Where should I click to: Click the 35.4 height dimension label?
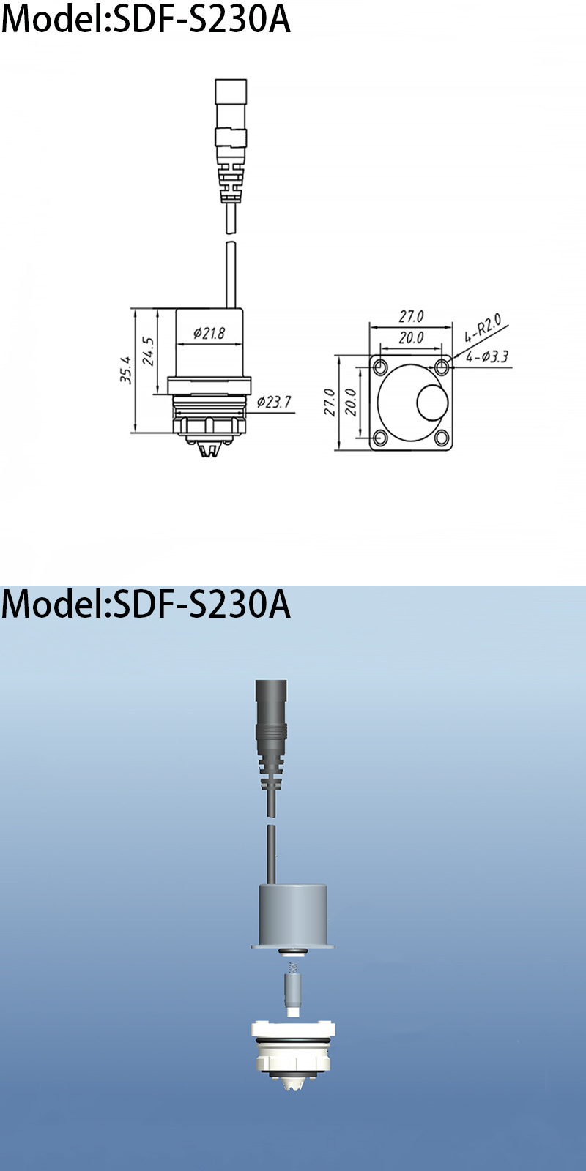click(x=126, y=370)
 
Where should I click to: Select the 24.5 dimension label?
click(x=148, y=351)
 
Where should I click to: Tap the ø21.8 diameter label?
click(x=209, y=334)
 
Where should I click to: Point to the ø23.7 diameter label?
click(x=273, y=402)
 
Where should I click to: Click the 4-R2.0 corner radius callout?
click(x=483, y=329)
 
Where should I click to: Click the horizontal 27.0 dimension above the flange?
click(x=411, y=317)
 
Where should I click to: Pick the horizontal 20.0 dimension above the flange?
click(x=411, y=337)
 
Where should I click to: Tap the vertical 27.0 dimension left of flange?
click(x=330, y=402)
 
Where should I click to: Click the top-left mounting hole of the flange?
click(x=380, y=366)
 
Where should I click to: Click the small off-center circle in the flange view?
click(x=432, y=403)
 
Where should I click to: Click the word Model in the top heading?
click(x=51, y=20)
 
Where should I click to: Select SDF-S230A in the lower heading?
click(x=201, y=605)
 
